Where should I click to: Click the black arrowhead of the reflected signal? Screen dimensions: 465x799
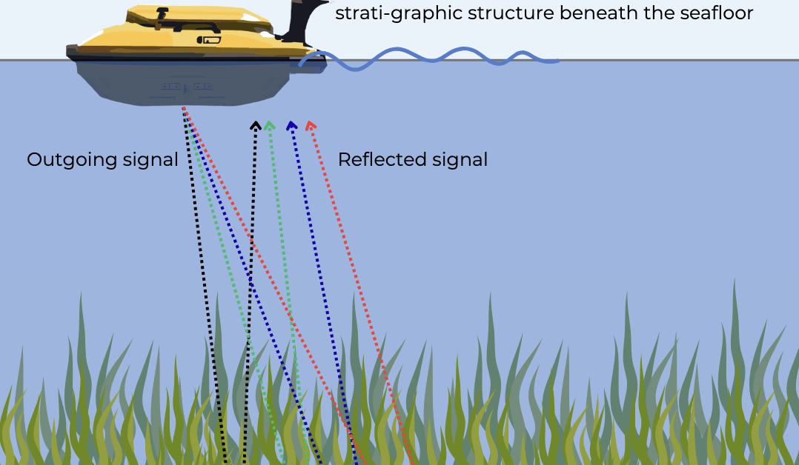[x=256, y=125]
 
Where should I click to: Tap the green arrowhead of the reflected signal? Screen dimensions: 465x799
[x=270, y=125]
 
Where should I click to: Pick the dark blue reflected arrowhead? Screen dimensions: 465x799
[x=291, y=125]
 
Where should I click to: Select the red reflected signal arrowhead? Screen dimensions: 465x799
[x=311, y=125]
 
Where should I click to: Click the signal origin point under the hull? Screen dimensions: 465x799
[x=183, y=108]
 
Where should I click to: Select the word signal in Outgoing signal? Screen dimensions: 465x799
[x=153, y=160]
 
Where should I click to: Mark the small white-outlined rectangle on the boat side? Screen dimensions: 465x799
[x=211, y=42]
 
